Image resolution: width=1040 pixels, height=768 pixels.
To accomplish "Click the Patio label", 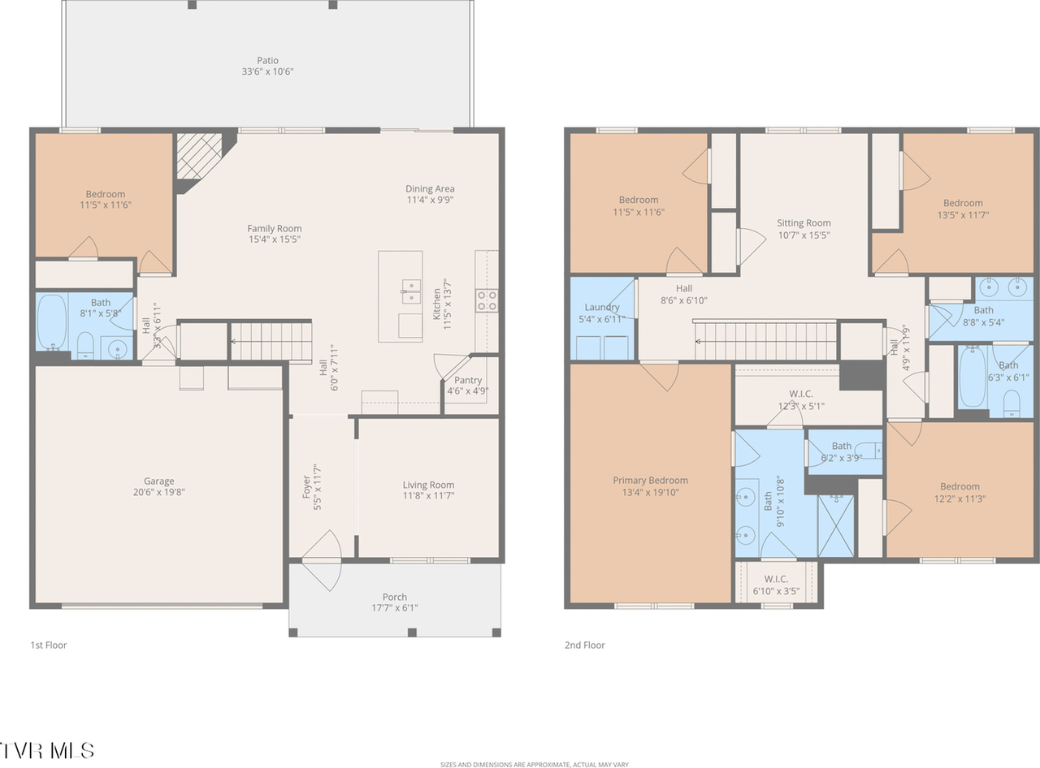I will pos(267,60).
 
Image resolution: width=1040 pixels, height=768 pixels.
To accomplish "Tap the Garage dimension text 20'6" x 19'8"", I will pos(159,492).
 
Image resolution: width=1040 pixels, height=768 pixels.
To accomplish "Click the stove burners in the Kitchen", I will pos(487,300).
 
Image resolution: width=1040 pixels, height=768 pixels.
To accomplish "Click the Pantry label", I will pos(468,380).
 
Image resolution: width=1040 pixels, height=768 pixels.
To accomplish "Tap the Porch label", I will pos(395,597).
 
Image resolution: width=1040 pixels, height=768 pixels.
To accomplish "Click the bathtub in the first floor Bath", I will pos(51,321).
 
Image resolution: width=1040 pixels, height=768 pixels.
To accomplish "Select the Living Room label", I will pos(428,485).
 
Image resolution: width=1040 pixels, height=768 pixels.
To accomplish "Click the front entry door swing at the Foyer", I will pos(325,560).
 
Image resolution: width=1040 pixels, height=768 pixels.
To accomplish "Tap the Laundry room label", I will pos(602,307).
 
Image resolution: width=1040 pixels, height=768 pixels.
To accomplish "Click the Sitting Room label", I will pos(804,223).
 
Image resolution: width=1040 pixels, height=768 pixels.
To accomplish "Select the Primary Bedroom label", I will pos(650,481).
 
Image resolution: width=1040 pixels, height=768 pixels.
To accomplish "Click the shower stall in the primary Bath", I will pos(836,524).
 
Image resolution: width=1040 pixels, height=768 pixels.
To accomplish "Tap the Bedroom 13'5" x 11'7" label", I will pos(963,203).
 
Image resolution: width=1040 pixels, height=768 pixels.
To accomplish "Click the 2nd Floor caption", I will pos(585,645).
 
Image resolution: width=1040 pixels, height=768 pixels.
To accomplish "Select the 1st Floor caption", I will pos(49,645).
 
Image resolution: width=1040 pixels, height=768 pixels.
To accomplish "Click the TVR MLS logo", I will pos(46,749).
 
